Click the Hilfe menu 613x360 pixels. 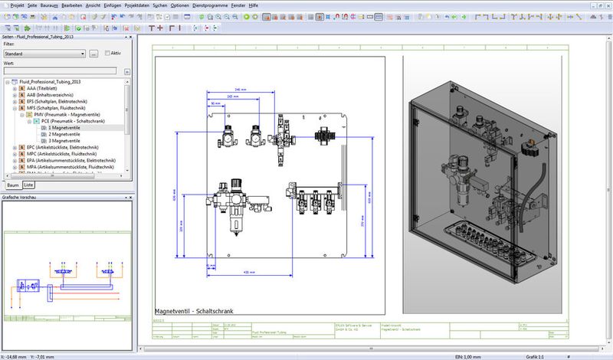(x=269, y=5)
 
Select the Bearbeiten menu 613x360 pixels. (x=72, y=5)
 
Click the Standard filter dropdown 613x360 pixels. (x=44, y=54)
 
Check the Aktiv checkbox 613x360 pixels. (x=107, y=54)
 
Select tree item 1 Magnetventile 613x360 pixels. (x=64, y=128)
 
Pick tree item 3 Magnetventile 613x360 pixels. (x=64, y=141)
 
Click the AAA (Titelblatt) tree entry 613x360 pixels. (x=47, y=88)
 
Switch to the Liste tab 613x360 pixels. (x=28, y=185)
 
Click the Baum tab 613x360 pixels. (x=12, y=185)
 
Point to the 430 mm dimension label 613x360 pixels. (x=248, y=272)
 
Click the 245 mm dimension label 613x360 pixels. (x=240, y=90)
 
